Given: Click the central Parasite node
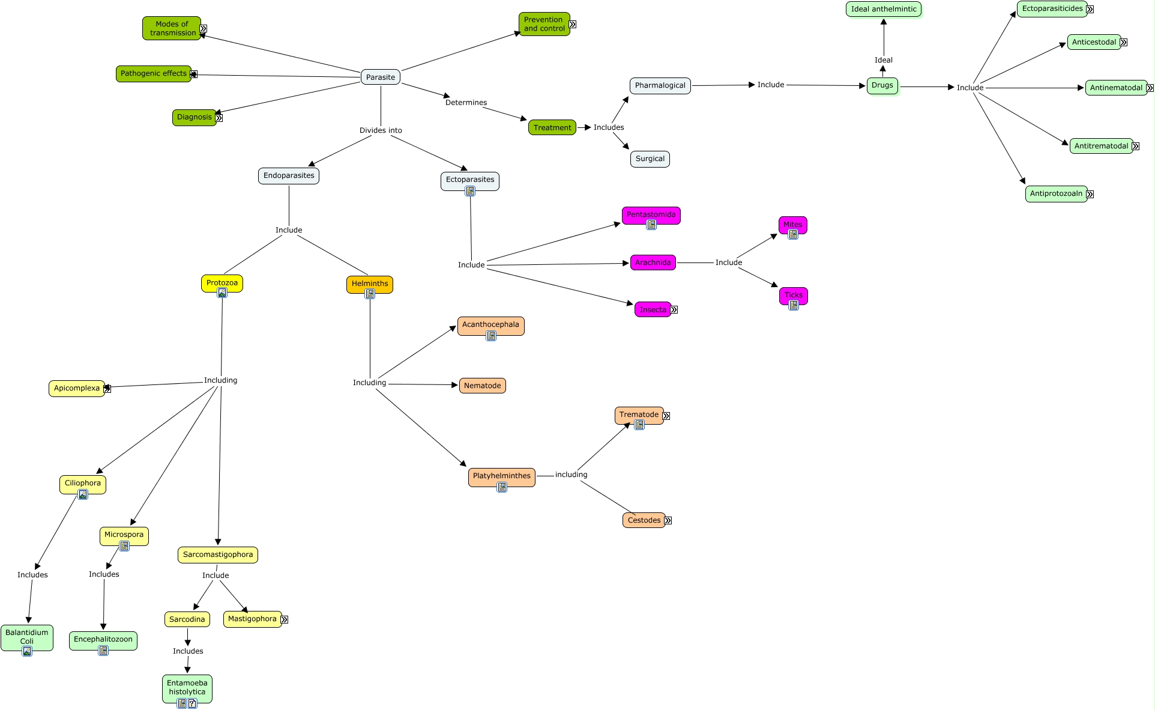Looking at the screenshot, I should tap(381, 77).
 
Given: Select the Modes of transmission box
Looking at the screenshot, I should tap(172, 28).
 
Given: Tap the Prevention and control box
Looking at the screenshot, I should tap(544, 24).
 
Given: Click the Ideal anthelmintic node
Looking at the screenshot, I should tap(884, 9).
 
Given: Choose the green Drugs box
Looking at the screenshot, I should tap(882, 85).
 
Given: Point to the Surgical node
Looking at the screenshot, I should tap(650, 159).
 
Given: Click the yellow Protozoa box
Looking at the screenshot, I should tap(222, 282).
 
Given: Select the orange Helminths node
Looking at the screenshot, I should tap(370, 283).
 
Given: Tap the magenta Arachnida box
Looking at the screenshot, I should tap(653, 262).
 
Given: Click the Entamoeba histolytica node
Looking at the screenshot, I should tap(187, 687).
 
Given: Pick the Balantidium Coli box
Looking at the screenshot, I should tap(27, 636).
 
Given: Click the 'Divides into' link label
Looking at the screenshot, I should tap(381, 130).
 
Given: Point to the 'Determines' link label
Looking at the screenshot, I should tap(466, 103).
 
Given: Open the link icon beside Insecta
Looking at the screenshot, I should tap(674, 310).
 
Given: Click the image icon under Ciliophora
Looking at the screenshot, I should tap(83, 494).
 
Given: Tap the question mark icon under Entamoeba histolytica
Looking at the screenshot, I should tap(192, 703).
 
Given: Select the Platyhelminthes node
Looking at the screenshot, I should tap(502, 476).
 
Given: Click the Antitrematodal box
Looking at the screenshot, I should tap(1101, 146).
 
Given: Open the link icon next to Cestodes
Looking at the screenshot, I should tap(668, 521).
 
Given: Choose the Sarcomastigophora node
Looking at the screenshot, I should tap(218, 554).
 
